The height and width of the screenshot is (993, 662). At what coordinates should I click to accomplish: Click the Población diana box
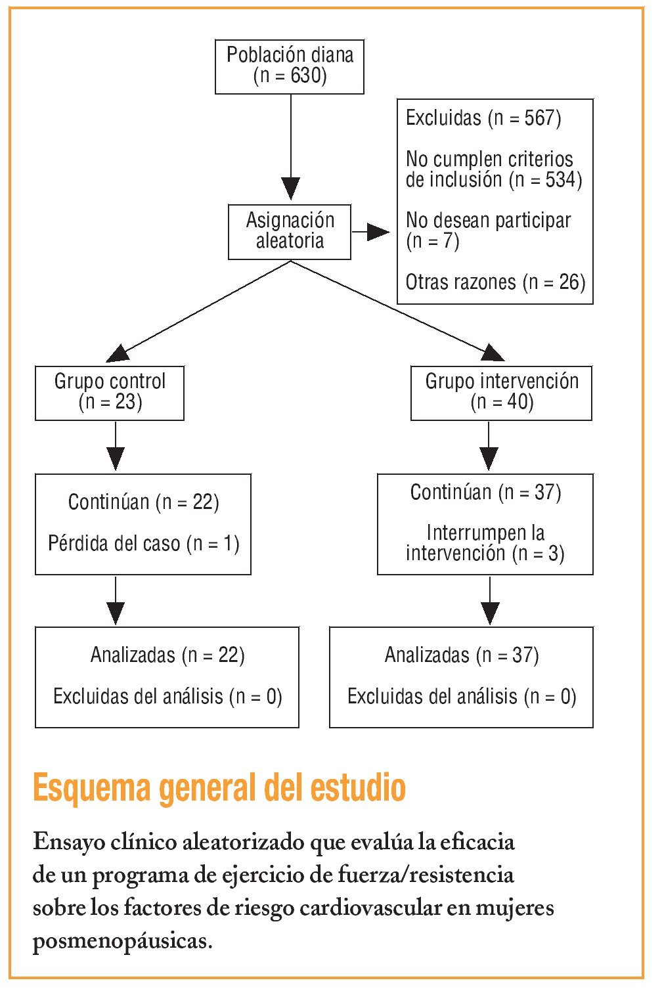tap(290, 66)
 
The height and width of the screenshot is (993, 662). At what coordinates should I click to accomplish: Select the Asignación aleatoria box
tap(290, 232)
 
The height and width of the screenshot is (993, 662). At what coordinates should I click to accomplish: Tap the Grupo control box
tap(110, 393)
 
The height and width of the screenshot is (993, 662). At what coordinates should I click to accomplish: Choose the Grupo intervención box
tap(501, 393)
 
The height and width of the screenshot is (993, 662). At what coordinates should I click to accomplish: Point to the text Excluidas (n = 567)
tap(483, 118)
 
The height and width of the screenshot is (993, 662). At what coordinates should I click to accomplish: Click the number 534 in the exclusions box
tap(560, 179)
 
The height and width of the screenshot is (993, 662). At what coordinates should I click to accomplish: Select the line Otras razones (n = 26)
tap(495, 282)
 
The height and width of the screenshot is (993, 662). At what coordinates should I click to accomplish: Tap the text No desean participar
tap(489, 221)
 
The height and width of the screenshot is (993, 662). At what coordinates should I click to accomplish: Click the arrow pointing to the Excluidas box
tap(372, 232)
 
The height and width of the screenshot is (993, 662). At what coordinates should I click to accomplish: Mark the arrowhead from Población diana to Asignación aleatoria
tap(290, 188)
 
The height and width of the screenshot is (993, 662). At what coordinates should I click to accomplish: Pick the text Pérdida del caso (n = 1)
tap(144, 544)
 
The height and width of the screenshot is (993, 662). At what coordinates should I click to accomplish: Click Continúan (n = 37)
tap(485, 493)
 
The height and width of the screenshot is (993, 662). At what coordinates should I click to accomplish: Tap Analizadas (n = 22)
tap(167, 655)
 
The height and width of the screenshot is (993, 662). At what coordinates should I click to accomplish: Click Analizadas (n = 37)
tap(462, 655)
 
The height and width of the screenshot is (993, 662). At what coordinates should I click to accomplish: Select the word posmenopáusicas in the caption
tap(122, 942)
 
